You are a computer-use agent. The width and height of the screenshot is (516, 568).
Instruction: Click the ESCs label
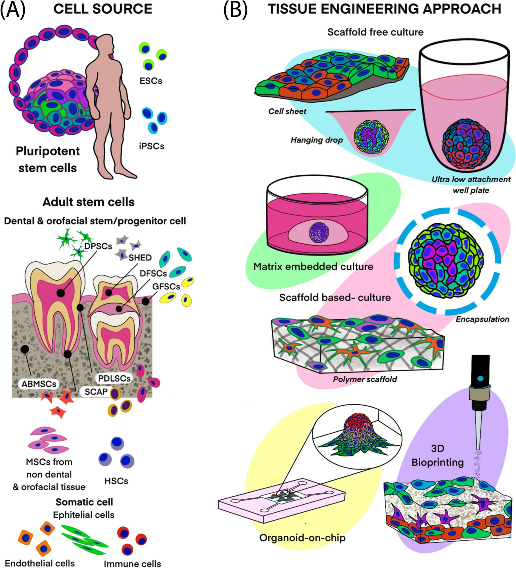pyautogui.click(x=151, y=81)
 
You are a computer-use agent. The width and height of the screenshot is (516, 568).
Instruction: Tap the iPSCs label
pyautogui.click(x=151, y=146)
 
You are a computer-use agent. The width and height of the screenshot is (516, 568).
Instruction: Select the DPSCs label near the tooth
pyautogui.click(x=98, y=246)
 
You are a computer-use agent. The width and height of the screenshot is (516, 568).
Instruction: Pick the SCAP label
pyautogui.click(x=96, y=391)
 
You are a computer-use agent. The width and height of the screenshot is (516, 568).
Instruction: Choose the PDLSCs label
pyautogui.click(x=114, y=378)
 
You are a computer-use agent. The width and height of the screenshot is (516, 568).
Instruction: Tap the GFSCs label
pyautogui.click(x=166, y=287)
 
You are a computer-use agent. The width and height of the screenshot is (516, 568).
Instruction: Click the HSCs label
pyautogui.click(x=116, y=481)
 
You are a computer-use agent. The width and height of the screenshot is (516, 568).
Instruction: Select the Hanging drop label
pyautogui.click(x=317, y=140)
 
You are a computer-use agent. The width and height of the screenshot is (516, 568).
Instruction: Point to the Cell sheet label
pyautogui.click(x=287, y=111)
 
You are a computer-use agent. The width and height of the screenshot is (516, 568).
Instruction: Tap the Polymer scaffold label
pyautogui.click(x=365, y=379)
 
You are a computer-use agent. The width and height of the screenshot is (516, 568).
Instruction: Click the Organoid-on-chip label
pyautogui.click(x=302, y=538)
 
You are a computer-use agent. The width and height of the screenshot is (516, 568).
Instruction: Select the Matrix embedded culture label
pyautogui.click(x=313, y=266)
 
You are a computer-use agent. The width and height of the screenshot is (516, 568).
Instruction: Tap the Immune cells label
pyautogui.click(x=132, y=563)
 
